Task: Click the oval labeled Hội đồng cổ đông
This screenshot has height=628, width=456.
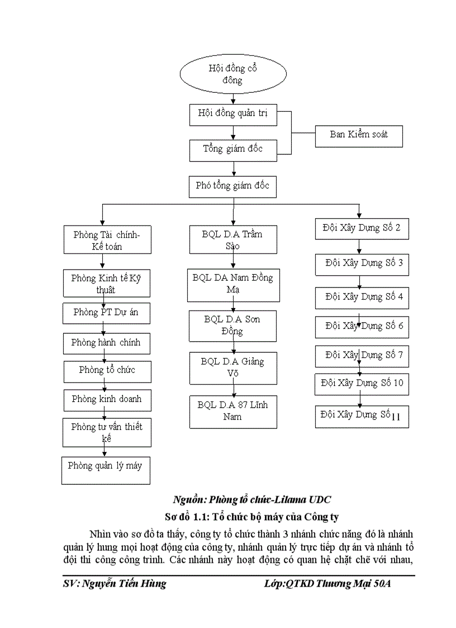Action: point(232,74)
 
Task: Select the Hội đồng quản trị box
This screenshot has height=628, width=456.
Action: point(233,114)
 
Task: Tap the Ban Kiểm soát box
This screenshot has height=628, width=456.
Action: point(358,135)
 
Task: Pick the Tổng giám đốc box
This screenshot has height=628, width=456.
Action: point(233,149)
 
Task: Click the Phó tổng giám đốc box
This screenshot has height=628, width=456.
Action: point(233,186)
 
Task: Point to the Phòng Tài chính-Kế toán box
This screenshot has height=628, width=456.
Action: point(106,240)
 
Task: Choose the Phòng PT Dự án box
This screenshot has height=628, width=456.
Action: point(106,313)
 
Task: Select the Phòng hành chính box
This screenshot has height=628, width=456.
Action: point(106,343)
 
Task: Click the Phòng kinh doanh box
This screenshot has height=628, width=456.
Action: point(107,400)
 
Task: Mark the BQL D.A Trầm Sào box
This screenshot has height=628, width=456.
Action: point(232,240)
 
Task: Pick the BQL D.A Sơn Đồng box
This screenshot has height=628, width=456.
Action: point(232,326)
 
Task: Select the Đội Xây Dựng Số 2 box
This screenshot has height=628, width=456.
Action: point(362,228)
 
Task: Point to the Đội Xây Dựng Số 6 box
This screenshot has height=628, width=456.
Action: point(362,326)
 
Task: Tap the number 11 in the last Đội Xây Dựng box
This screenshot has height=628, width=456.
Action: point(397,417)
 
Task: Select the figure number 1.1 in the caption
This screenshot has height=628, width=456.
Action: point(216,516)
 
